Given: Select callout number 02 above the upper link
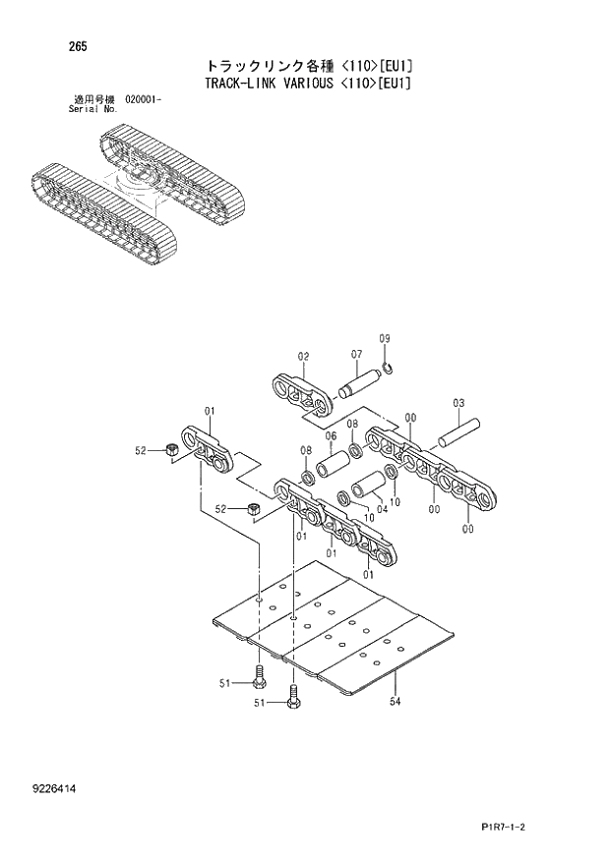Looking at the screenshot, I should [x=303, y=356].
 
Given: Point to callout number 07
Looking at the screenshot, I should [x=356, y=355].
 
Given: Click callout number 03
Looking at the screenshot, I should [x=458, y=403].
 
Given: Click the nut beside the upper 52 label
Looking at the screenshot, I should [x=170, y=449].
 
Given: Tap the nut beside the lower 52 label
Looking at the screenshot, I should [x=253, y=509].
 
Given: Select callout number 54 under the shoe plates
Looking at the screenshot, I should [x=395, y=700].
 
